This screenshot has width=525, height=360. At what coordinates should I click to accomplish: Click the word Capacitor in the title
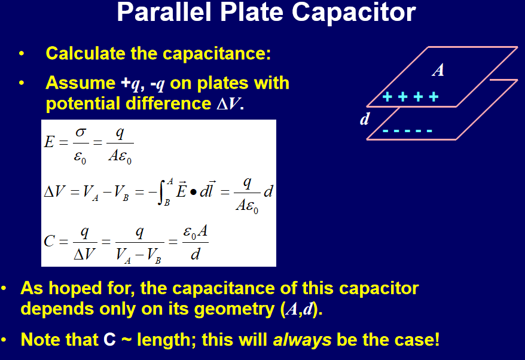(353, 13)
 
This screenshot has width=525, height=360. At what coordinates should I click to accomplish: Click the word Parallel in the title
(164, 12)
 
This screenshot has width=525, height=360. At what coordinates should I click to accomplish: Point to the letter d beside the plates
(365, 119)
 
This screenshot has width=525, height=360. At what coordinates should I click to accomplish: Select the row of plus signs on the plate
(410, 97)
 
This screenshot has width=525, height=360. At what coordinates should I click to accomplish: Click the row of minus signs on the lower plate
(407, 130)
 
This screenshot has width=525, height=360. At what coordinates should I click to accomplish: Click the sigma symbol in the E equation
(81, 132)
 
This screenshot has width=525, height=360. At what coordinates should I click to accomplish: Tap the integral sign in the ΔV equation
(161, 192)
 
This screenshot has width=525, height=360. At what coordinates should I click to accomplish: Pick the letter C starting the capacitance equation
(49, 241)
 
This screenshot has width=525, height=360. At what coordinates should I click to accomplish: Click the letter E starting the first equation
(49, 142)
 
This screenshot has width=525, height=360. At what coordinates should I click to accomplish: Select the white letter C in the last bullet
(109, 340)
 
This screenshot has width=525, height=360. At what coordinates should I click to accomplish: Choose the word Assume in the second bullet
(81, 83)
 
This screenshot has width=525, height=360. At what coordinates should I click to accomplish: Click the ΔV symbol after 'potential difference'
(228, 103)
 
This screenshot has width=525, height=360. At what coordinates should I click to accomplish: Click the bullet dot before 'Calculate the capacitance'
(22, 54)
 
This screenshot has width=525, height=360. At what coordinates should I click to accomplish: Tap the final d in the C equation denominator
(195, 254)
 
